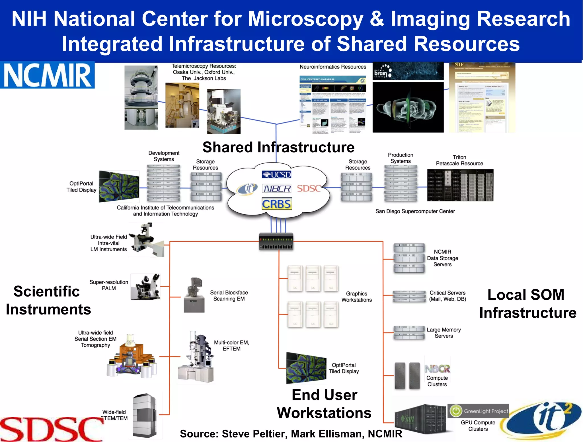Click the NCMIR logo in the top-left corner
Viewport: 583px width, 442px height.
tap(47, 75)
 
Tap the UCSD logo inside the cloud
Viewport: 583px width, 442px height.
tap(276, 174)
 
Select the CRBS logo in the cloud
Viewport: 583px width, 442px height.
tap(277, 204)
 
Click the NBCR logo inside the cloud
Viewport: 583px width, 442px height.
tap(277, 189)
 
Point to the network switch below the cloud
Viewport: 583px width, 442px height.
tap(276, 242)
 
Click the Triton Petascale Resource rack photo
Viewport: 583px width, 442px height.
tap(460, 185)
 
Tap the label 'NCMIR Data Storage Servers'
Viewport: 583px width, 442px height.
tap(442, 258)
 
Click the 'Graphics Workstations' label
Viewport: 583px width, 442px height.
tap(356, 297)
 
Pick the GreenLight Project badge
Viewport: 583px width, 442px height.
tap(478, 411)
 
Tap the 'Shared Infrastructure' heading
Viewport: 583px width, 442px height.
tap(278, 147)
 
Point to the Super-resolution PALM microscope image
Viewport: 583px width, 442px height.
tap(146, 287)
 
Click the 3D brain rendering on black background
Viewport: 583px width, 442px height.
tap(408, 107)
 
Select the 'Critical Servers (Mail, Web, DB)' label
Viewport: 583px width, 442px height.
tap(447, 296)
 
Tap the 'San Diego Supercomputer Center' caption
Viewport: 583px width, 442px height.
tap(415, 211)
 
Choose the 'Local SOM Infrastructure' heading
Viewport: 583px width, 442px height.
tap(527, 304)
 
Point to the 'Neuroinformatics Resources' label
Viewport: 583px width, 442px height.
tap(333, 67)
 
